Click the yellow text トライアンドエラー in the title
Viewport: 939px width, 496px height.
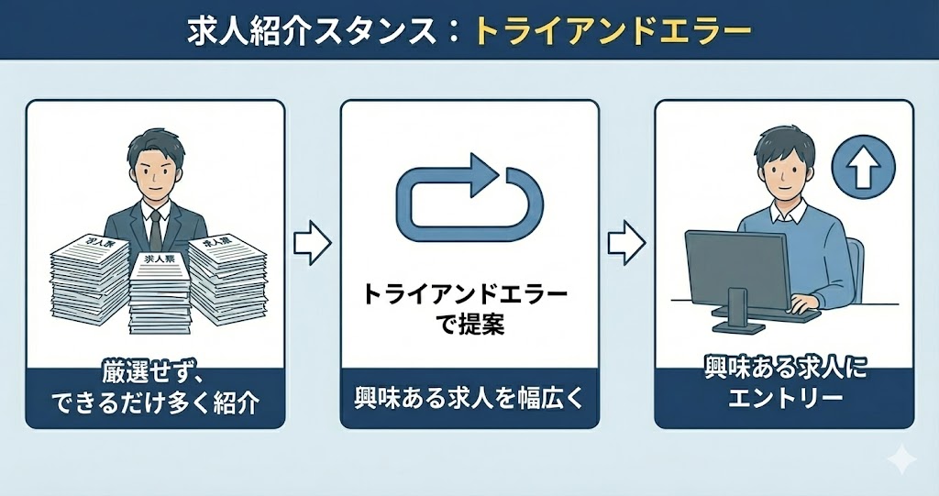(x=612, y=30)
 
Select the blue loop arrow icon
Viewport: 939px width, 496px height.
(x=469, y=198)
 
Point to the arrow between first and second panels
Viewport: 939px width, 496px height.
(x=312, y=241)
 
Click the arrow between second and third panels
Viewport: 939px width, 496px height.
(x=626, y=241)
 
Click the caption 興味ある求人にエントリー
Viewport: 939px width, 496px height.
(x=784, y=386)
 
